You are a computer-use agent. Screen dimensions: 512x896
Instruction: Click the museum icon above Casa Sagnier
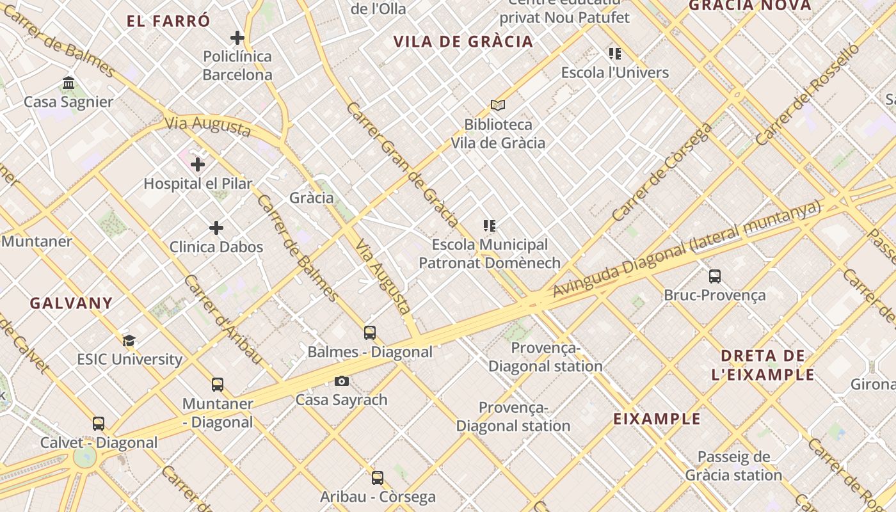click(68, 83)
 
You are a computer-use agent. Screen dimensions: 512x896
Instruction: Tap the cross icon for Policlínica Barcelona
click(237, 38)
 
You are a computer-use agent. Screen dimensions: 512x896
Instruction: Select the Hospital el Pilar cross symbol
click(198, 164)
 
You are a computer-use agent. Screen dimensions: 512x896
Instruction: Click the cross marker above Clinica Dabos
click(216, 228)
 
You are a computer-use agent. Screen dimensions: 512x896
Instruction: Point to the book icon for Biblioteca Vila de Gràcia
click(498, 105)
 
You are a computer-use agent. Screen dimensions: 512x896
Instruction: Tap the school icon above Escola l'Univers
click(615, 54)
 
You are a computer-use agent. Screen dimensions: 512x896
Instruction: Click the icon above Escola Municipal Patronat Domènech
click(490, 226)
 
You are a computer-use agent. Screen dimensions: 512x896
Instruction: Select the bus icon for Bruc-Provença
click(715, 276)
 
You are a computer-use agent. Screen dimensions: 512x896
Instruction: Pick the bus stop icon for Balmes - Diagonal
click(370, 333)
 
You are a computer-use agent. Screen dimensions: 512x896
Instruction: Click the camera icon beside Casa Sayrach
click(342, 381)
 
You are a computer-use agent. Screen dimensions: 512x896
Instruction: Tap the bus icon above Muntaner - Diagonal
click(218, 385)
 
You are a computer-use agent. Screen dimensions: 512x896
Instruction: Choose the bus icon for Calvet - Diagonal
click(99, 424)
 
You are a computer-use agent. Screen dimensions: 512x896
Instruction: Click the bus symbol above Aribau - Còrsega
click(378, 477)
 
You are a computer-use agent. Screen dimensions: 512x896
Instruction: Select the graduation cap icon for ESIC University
click(129, 340)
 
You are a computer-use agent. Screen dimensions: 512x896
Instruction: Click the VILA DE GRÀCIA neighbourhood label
click(463, 42)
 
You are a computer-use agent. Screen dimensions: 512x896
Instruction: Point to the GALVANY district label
click(71, 303)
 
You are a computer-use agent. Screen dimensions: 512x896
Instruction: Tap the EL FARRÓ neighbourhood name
click(168, 21)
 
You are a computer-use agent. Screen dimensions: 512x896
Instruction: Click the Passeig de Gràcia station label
click(733, 466)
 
